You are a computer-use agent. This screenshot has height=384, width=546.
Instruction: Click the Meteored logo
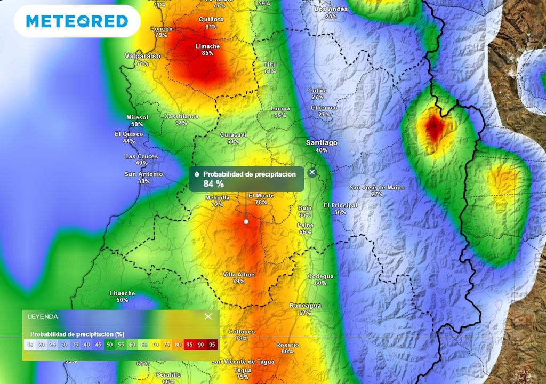77,21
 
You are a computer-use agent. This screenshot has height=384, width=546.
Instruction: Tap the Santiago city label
322,143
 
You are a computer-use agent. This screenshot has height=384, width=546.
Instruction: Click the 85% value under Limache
207,53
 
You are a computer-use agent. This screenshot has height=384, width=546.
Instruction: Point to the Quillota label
211,19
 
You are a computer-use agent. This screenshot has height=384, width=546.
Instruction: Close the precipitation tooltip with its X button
312,172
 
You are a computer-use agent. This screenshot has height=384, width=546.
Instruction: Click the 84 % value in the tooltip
213,184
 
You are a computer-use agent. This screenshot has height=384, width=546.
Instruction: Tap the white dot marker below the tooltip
246,221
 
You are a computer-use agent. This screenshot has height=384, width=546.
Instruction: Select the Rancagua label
305,306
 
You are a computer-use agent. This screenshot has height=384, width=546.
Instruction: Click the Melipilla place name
217,197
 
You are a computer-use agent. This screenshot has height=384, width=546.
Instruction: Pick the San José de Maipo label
377,187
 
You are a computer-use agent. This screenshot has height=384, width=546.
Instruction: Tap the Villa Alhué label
238,274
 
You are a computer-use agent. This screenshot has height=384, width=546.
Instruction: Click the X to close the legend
208,316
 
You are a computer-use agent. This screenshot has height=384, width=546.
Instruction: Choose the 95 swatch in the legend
212,345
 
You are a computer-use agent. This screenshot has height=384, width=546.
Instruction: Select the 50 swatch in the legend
109,345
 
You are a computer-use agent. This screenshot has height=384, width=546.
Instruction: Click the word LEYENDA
43,316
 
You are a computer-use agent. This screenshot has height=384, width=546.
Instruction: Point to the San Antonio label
144,174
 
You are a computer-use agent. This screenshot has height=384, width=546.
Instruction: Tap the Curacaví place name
233,135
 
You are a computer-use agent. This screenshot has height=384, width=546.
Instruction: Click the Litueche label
122,293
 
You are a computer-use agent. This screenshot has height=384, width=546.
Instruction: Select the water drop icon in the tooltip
197,174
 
